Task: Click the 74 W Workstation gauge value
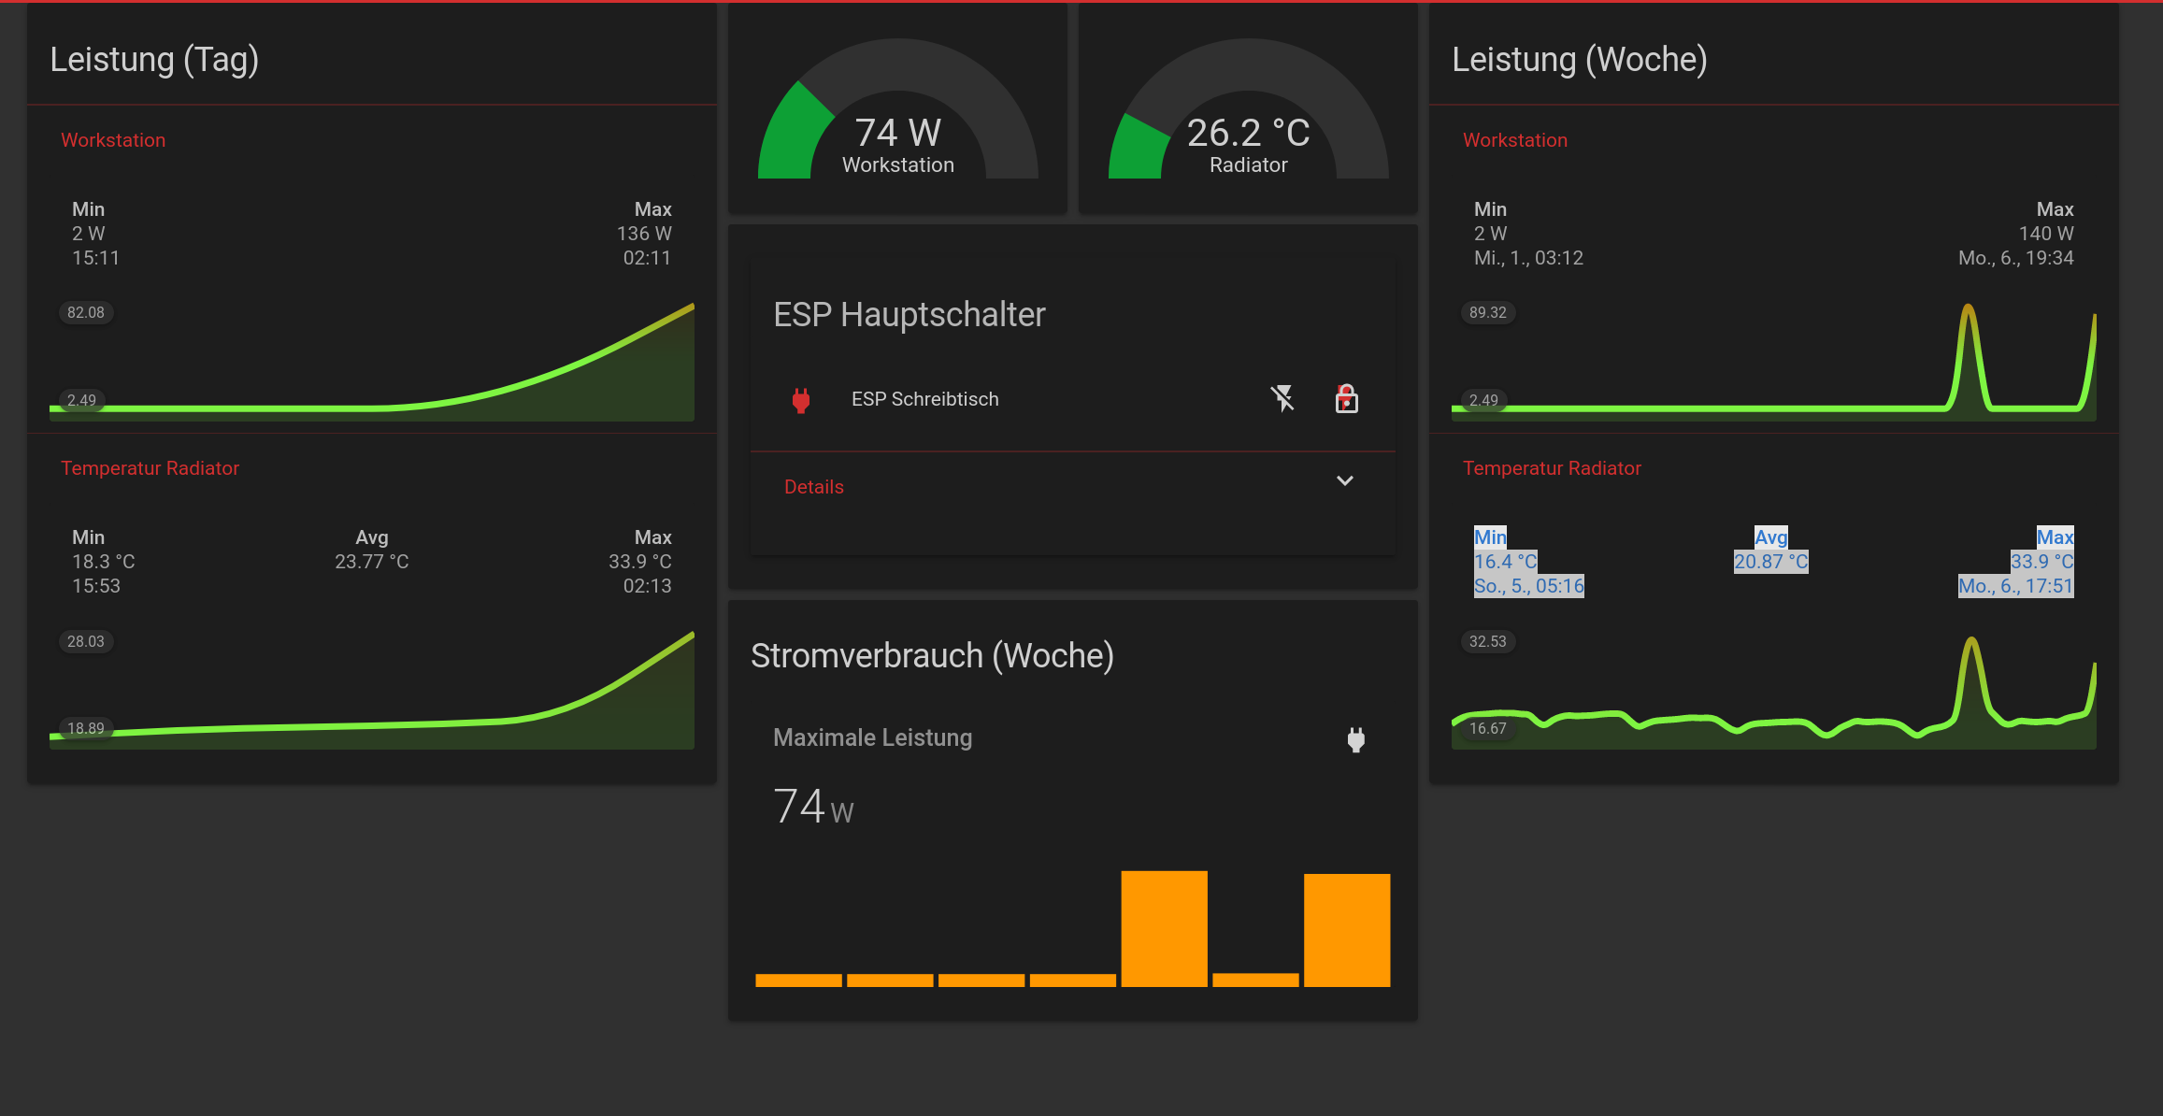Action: coord(897,133)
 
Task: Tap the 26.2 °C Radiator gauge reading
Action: coord(1248,133)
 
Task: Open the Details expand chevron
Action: coord(1345,480)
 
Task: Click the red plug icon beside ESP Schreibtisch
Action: coord(801,400)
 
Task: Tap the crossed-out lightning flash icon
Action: coord(1282,398)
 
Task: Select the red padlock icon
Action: coord(1346,398)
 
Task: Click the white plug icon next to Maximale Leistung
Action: coord(1356,739)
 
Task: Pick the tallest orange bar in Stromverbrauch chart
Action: coord(1164,928)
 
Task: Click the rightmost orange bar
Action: coord(1347,930)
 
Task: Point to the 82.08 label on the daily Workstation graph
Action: coord(86,312)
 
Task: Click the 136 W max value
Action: coord(644,234)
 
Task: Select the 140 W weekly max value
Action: coord(2046,234)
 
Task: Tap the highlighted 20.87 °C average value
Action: coord(1771,562)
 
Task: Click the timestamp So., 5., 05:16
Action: coord(1529,586)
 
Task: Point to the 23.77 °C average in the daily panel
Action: coord(372,562)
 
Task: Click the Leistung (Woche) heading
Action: coord(1580,59)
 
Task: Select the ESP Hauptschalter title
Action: coord(910,315)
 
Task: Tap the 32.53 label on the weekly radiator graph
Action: coord(1488,641)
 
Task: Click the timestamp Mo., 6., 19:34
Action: coord(2016,258)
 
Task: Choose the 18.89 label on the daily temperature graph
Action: coord(86,728)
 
